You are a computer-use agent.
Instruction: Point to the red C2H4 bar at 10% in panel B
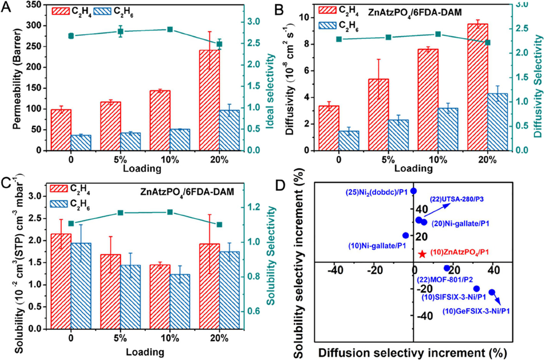(x=427, y=100)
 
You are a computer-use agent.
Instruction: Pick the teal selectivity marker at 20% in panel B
(x=488, y=42)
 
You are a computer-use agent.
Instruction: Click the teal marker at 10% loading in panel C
(x=170, y=212)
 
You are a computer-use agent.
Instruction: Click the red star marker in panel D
(x=422, y=254)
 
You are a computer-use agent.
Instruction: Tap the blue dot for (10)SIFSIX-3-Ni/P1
(x=477, y=289)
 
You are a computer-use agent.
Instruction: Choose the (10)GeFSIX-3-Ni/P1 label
(x=476, y=311)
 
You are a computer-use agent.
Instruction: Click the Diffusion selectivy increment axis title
(x=413, y=352)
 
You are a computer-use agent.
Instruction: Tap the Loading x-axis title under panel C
(x=145, y=352)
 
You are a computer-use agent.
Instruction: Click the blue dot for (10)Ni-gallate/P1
(x=405, y=235)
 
